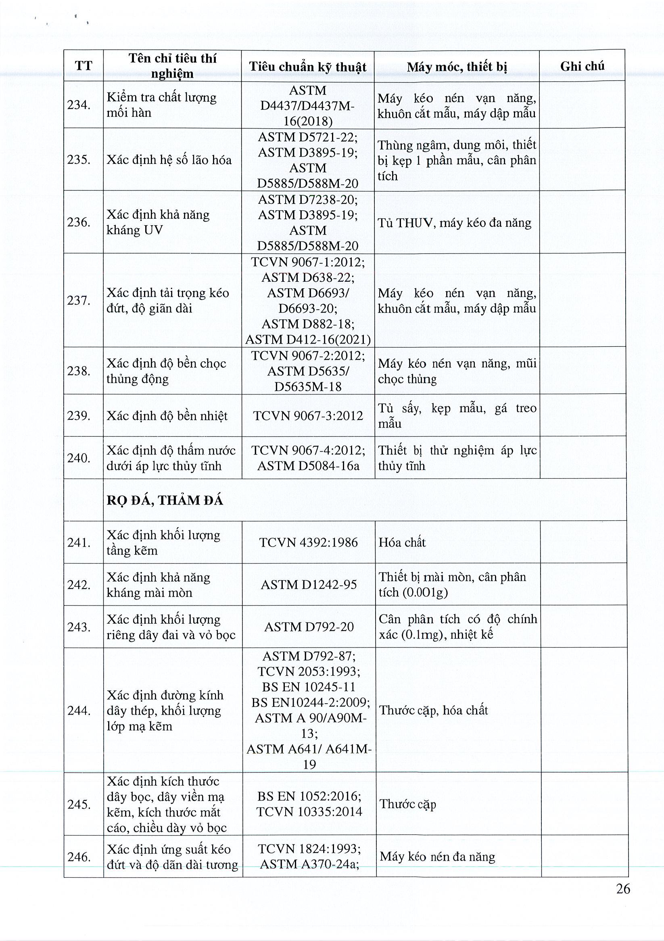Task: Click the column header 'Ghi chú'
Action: [x=582, y=66]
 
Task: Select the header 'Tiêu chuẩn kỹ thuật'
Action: [x=308, y=67]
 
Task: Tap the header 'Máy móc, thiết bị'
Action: [x=457, y=67]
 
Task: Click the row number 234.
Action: [x=79, y=105]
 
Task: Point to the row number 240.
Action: [x=79, y=458]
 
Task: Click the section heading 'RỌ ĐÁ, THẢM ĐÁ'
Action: [x=165, y=501]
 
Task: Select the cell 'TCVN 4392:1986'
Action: [x=309, y=542]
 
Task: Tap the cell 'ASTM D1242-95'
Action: [x=309, y=585]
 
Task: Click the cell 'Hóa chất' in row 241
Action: [x=402, y=542]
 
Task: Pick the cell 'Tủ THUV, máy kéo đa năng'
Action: [x=454, y=222]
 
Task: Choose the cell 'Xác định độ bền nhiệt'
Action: [x=167, y=415]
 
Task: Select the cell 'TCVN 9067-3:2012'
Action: [x=308, y=415]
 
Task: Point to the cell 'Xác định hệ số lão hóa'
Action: [x=169, y=159]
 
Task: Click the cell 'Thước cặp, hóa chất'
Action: [x=433, y=710]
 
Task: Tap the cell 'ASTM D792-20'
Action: [x=309, y=627]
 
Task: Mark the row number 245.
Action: [x=79, y=804]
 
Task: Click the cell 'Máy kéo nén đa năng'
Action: [x=437, y=857]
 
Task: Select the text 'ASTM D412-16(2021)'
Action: [x=308, y=340]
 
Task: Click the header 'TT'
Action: [x=84, y=66]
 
